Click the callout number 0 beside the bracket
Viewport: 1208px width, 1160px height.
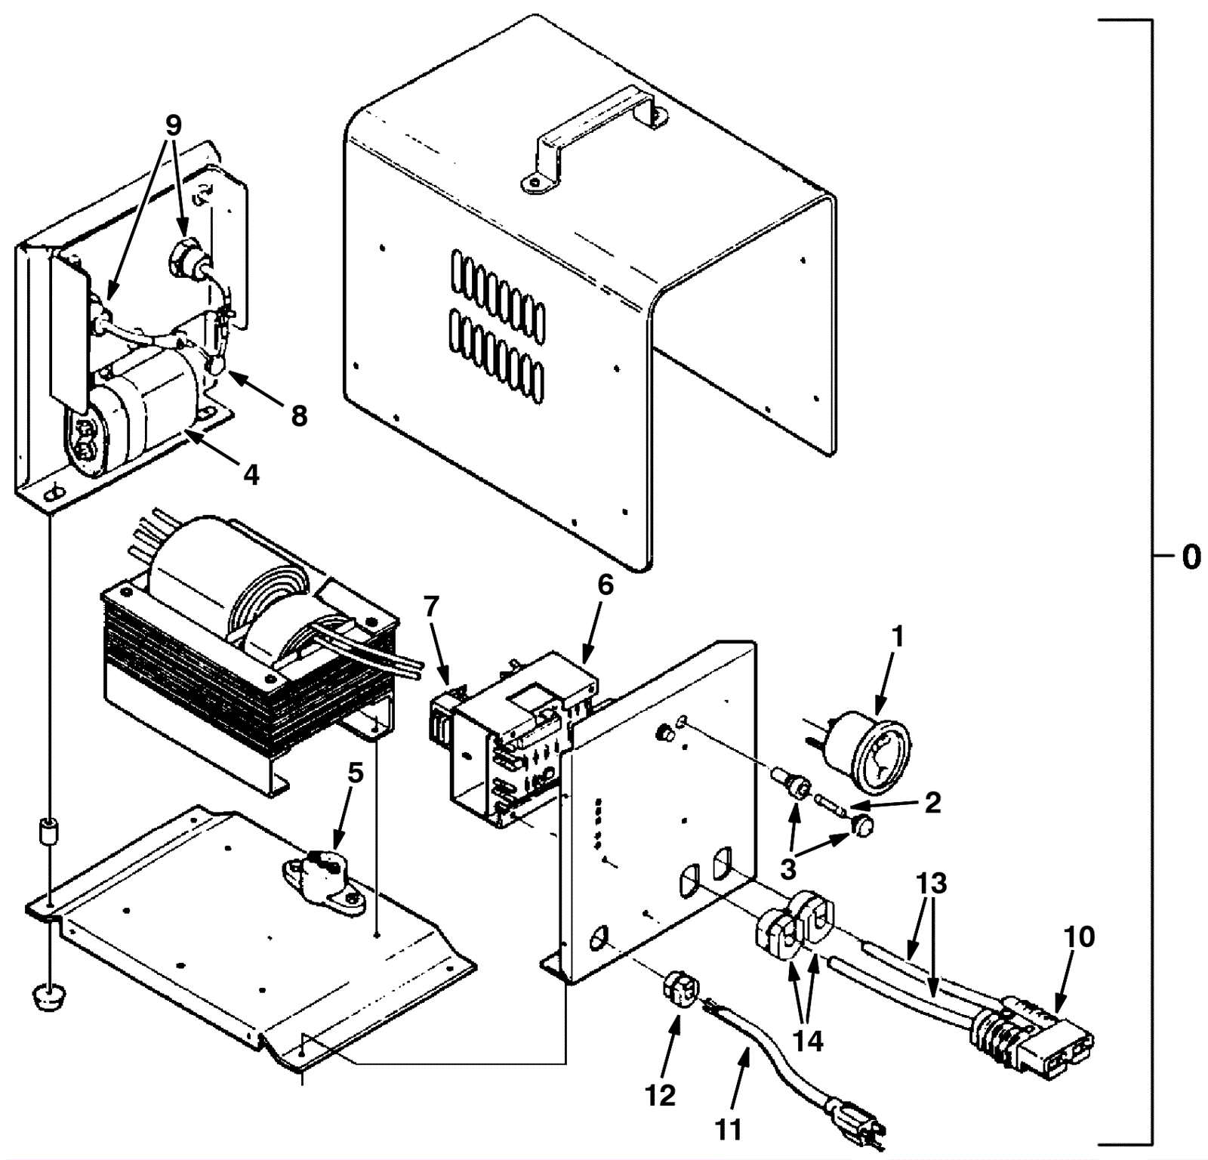pos(1191,557)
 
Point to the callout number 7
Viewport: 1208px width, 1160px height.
pos(431,606)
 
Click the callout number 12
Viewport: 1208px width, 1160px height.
pos(661,1094)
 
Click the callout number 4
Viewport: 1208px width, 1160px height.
pos(251,475)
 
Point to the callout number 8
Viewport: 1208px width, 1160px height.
pos(300,416)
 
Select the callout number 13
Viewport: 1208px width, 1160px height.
pos(932,883)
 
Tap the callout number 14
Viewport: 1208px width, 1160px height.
pos(807,1040)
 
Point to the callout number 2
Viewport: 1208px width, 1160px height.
pos(933,802)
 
